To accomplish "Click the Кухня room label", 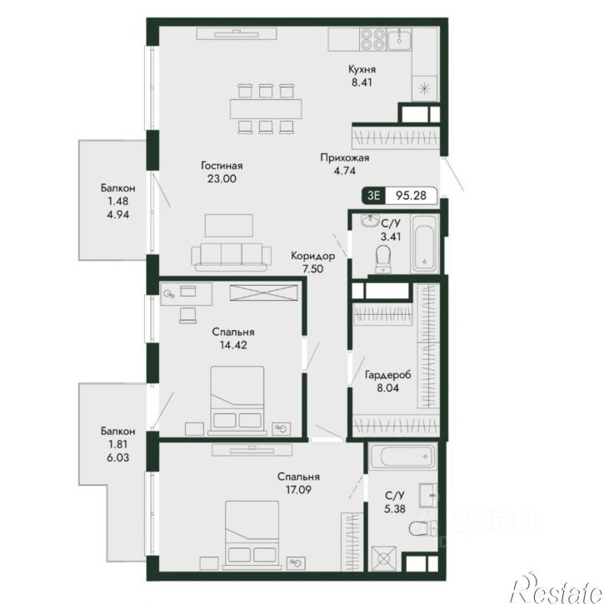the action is (x=362, y=69).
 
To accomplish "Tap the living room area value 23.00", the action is (x=222, y=179).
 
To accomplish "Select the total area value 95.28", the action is (x=412, y=195).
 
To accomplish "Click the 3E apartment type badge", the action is (x=374, y=195).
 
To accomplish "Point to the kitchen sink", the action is (x=399, y=39).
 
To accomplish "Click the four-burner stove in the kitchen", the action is (x=372, y=39).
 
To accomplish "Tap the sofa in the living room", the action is (x=231, y=257).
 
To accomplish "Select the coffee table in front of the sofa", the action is (x=229, y=225).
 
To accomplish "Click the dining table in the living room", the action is (x=266, y=108).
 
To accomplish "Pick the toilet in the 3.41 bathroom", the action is (x=383, y=259).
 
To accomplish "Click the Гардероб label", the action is (x=388, y=374).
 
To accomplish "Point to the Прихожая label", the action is (x=345, y=157).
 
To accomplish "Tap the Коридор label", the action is (x=312, y=256).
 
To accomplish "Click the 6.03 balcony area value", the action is (x=118, y=457).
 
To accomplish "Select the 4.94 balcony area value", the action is (x=118, y=215).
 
